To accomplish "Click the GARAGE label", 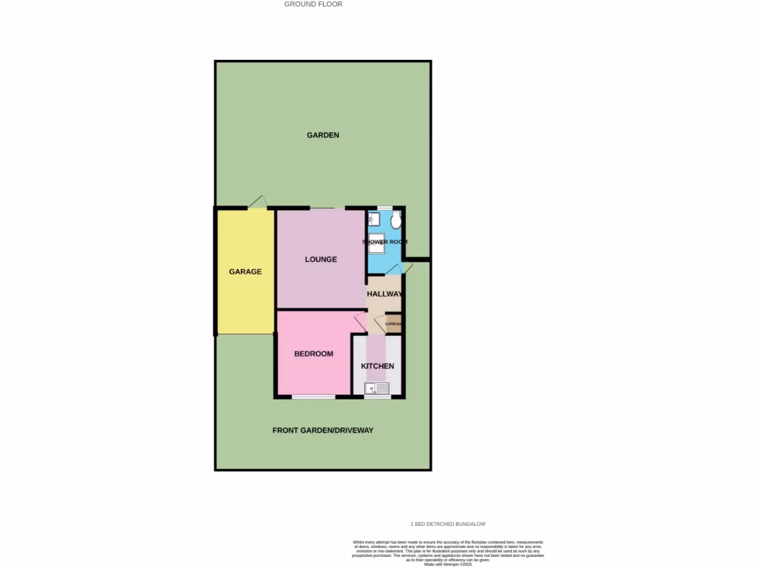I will point(245,271).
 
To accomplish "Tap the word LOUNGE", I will point(321,260).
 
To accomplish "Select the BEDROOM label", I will point(313,354).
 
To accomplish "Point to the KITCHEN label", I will point(377,366).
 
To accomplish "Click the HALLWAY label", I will point(384,294).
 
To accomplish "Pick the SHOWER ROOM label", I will point(384,242).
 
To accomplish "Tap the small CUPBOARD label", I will point(393,324).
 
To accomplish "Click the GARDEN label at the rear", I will point(323,135).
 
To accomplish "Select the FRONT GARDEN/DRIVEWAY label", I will point(323,430).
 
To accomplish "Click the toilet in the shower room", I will point(396,220).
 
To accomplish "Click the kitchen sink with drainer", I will point(376,388).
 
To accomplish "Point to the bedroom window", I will point(313,398).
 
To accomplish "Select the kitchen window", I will point(377,398).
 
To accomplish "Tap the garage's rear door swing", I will point(257,202).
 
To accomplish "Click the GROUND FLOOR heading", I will point(313,4).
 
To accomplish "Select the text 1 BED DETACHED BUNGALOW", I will point(448,524).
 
